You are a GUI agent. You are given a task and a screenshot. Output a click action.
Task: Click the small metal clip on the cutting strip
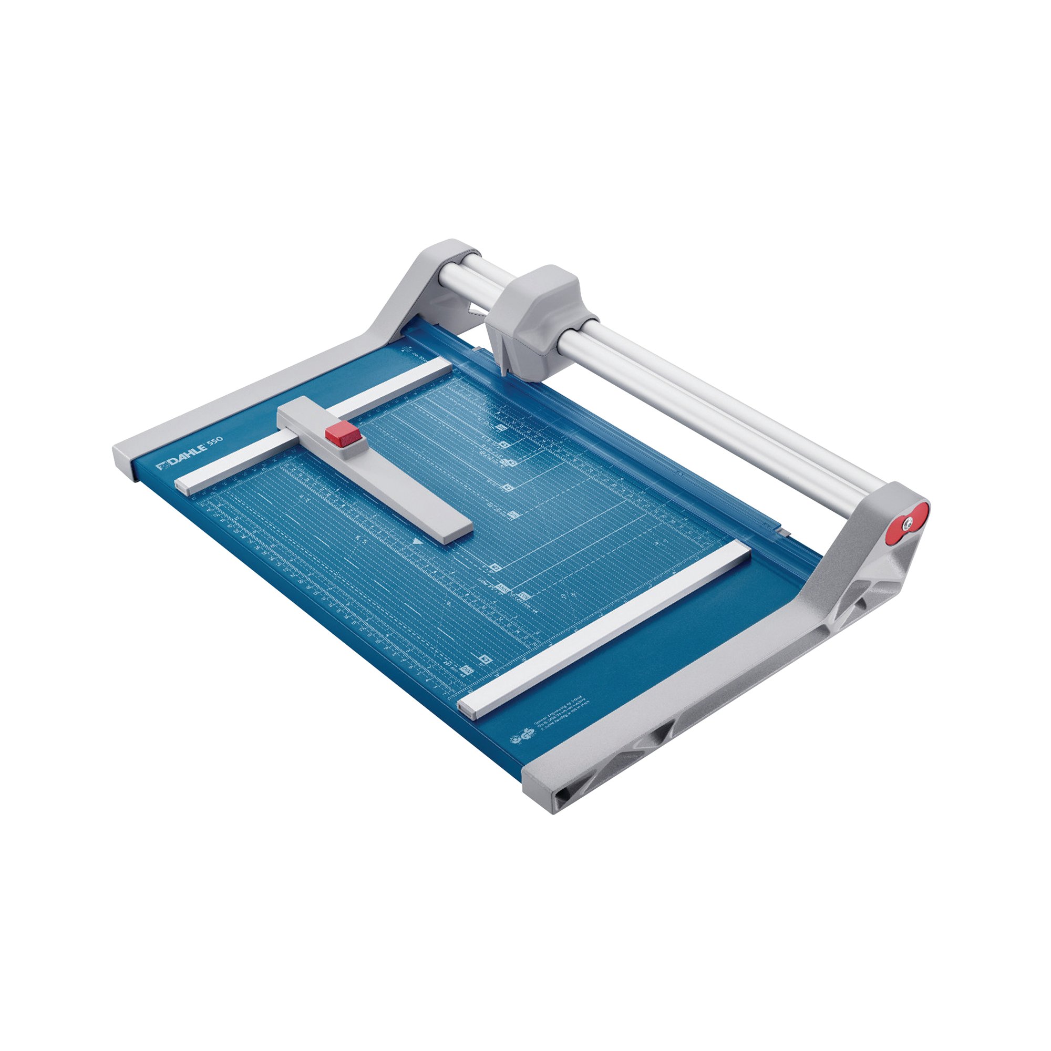pyautogui.click(x=783, y=531)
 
